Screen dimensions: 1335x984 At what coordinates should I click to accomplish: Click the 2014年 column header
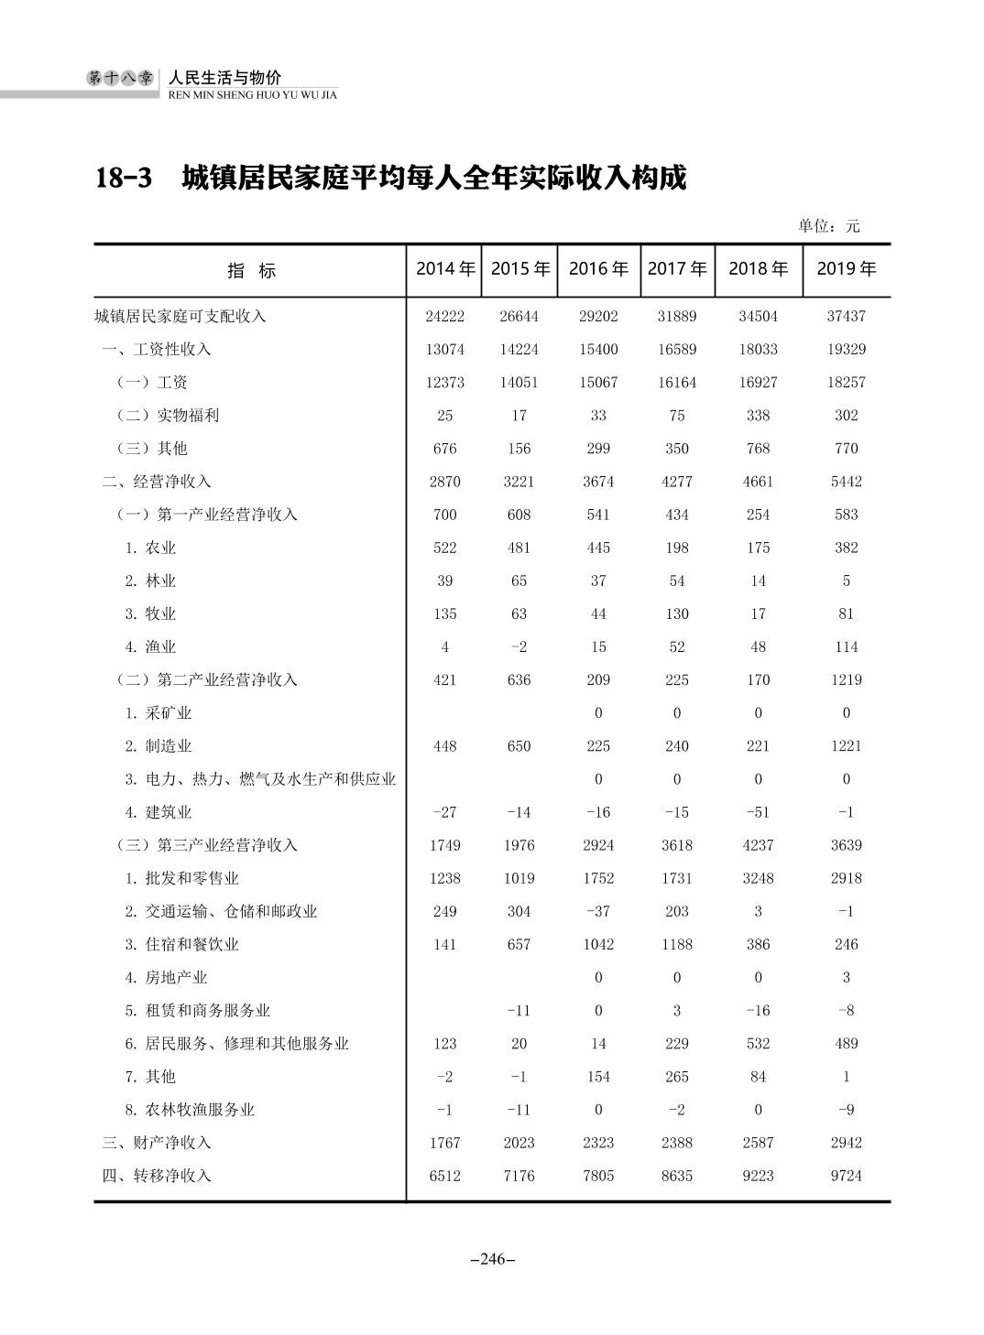click(445, 269)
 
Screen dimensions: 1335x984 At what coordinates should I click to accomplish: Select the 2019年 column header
click(846, 269)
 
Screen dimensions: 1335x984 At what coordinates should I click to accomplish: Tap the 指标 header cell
click(251, 271)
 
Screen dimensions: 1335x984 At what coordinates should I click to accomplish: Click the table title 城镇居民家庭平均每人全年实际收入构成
click(433, 178)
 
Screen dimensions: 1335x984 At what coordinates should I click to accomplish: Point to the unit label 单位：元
click(828, 226)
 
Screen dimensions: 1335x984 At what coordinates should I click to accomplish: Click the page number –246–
click(492, 1259)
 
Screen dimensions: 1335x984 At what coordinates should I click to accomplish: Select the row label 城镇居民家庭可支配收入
click(180, 317)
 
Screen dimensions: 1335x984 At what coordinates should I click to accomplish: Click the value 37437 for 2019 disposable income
click(846, 317)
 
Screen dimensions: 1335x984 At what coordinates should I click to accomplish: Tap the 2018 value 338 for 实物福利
click(758, 416)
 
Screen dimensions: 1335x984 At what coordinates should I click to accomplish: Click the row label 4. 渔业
click(151, 647)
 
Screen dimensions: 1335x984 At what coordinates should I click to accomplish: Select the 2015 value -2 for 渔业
click(519, 647)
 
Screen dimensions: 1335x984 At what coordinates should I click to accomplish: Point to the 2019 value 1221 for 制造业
click(846, 746)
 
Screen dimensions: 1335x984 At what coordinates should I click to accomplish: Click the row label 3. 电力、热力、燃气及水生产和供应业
click(260, 779)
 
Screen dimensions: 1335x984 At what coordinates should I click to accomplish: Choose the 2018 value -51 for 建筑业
click(758, 812)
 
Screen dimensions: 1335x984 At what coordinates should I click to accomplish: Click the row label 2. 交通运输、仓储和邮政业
click(221, 912)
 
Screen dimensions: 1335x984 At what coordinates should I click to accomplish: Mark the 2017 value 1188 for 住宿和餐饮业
click(677, 945)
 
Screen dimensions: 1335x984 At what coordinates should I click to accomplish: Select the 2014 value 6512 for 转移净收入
click(444, 1176)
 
